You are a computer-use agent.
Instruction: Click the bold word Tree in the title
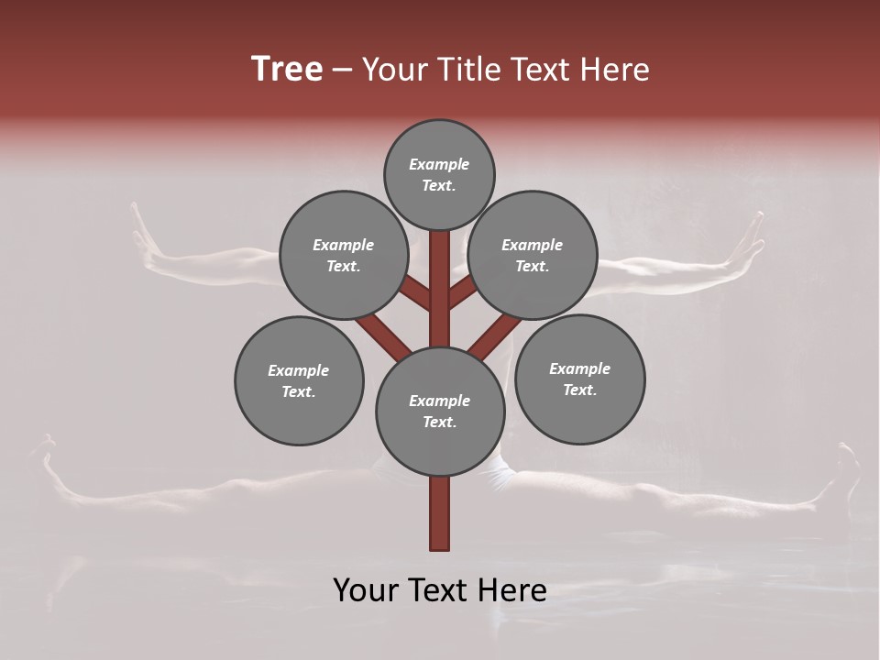(287, 70)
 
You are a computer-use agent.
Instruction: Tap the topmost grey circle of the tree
(439, 174)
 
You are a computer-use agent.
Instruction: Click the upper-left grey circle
(343, 255)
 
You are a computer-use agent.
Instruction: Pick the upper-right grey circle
(533, 255)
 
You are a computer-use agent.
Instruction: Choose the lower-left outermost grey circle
(299, 380)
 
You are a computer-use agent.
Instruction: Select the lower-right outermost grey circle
(579, 379)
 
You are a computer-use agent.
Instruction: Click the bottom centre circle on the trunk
(440, 411)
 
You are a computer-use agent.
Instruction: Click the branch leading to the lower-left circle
(382, 335)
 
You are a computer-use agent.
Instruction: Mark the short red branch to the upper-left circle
(415, 292)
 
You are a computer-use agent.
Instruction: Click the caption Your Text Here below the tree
(440, 590)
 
